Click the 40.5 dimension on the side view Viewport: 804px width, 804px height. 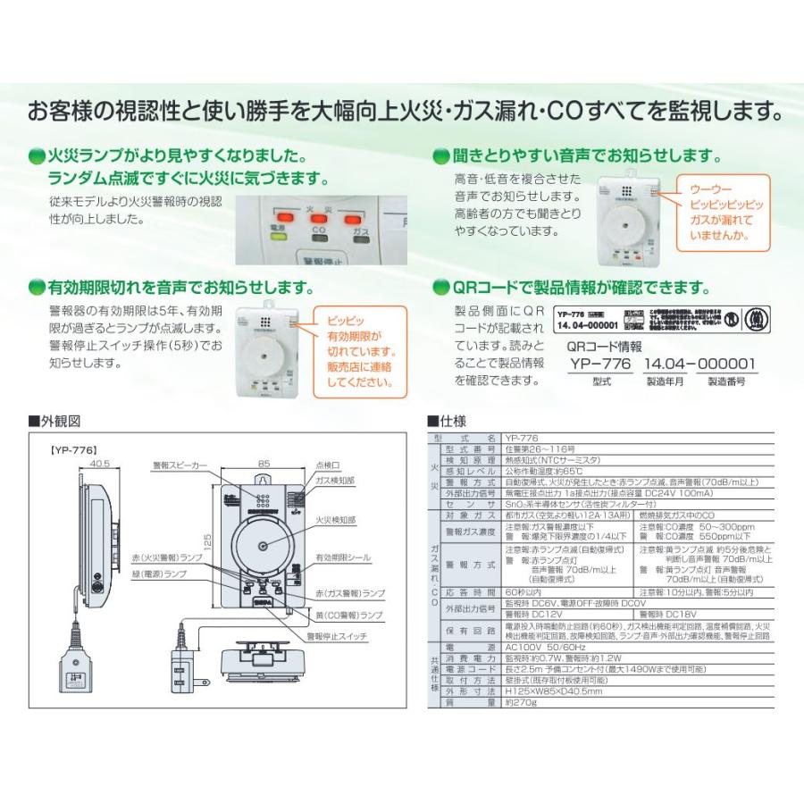[99, 464]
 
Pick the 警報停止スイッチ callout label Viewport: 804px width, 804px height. [336, 636]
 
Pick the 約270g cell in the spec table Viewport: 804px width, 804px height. [520, 704]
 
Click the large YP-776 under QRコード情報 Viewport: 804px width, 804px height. [600, 364]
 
